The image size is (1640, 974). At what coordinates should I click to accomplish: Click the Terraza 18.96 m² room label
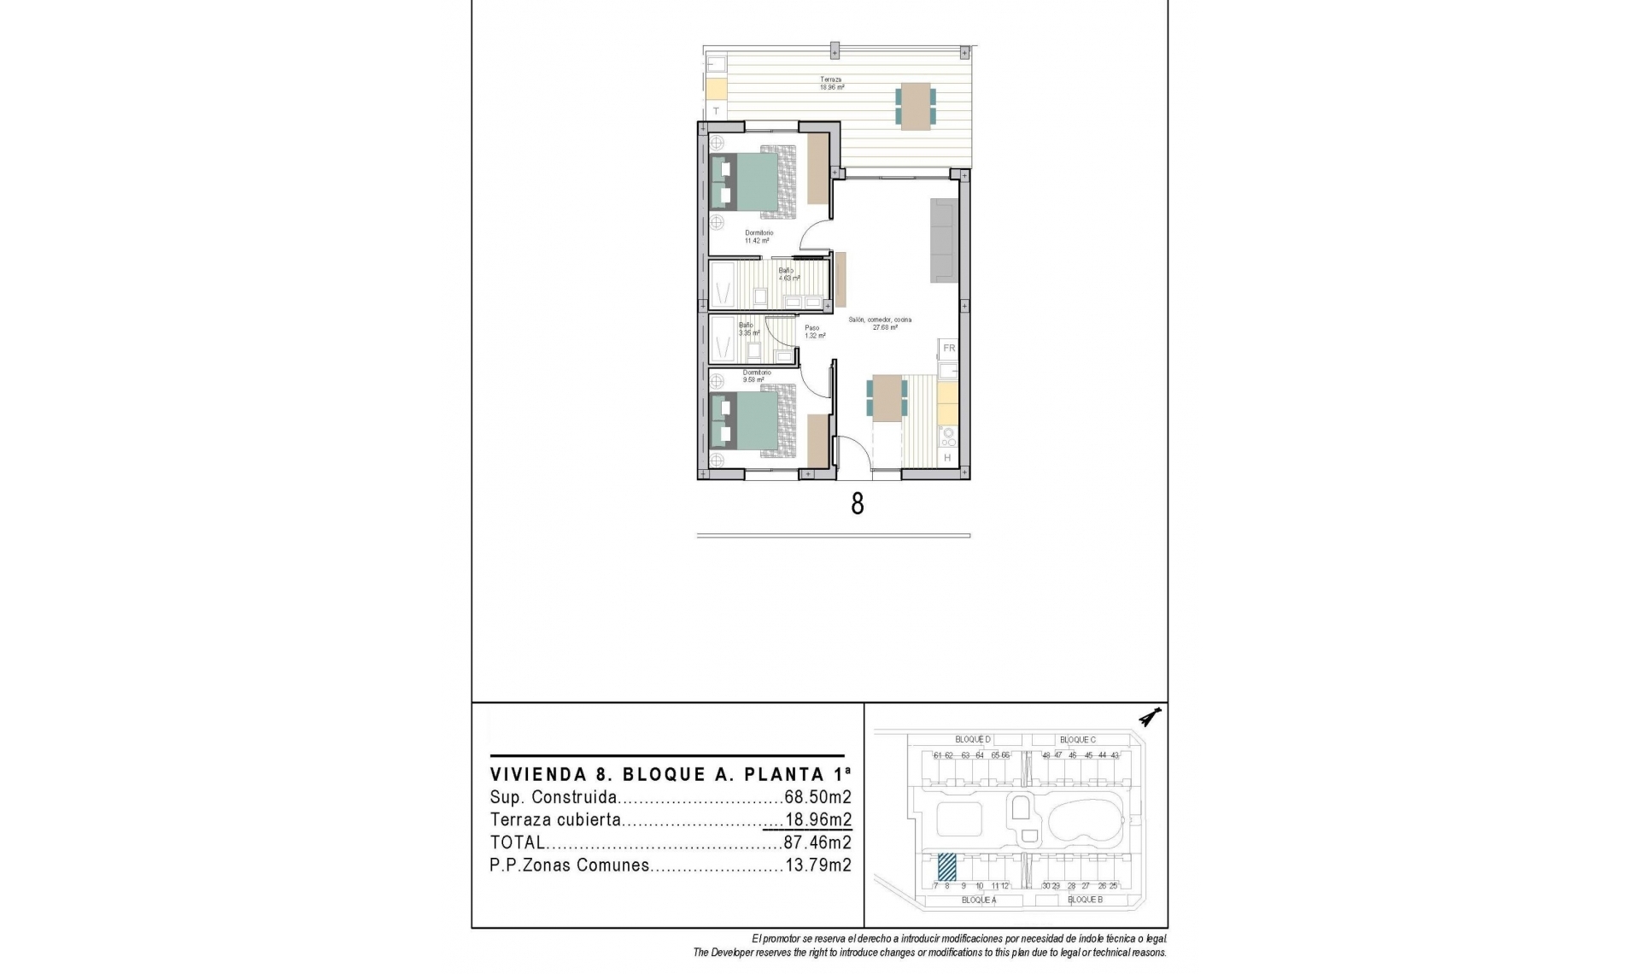[x=832, y=83]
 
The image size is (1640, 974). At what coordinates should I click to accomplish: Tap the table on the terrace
[x=915, y=106]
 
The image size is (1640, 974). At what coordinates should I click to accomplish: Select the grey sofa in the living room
[x=944, y=240]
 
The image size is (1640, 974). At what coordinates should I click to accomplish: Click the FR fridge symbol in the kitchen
[x=948, y=349]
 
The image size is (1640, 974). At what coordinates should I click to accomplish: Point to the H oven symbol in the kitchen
[x=947, y=459]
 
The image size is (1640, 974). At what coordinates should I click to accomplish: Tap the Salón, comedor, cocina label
[x=880, y=323]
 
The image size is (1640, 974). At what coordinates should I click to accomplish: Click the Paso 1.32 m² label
[x=812, y=332]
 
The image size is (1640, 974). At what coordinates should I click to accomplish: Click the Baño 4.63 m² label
[x=788, y=274]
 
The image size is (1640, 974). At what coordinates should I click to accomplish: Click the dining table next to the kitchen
[x=887, y=398]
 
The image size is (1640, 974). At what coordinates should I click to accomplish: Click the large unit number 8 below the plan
[x=857, y=504]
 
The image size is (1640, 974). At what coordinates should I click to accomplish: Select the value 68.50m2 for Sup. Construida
[x=817, y=798]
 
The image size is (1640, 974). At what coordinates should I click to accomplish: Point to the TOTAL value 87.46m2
[x=817, y=842]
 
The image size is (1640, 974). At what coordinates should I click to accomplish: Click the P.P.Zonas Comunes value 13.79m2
[x=817, y=865]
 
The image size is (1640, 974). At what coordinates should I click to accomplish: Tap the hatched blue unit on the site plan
[x=946, y=866]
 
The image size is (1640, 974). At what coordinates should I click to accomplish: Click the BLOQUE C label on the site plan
[x=1077, y=740]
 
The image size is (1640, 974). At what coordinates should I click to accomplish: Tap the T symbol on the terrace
[x=717, y=111]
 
